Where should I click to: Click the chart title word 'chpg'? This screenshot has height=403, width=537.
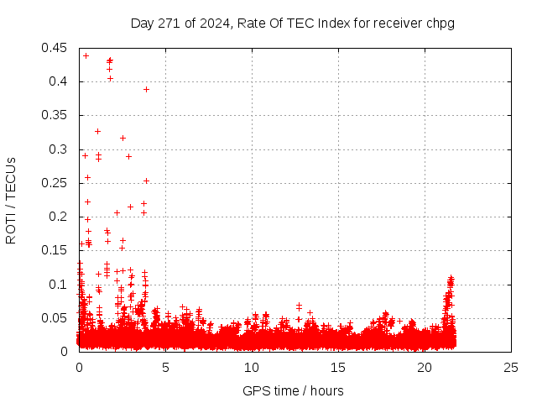[x=440, y=23]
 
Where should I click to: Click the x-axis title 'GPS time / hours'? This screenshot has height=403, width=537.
[x=293, y=390]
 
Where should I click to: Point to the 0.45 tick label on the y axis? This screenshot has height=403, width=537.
[x=55, y=48]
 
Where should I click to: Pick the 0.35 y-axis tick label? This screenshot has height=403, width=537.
[x=55, y=115]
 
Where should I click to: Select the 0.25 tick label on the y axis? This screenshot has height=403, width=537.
[x=55, y=183]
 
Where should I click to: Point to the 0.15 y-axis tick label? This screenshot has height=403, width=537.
[x=55, y=250]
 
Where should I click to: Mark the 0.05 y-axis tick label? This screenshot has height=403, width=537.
[x=55, y=318]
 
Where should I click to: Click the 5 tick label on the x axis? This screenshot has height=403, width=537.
[x=165, y=367]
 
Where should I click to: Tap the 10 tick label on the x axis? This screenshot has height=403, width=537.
[x=252, y=367]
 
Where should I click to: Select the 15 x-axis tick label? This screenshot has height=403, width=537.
[x=338, y=367]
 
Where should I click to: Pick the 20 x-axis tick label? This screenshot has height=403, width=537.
[x=425, y=367]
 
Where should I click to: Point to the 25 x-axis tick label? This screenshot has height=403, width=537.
[x=511, y=367]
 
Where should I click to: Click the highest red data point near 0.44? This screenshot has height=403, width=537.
[x=86, y=55]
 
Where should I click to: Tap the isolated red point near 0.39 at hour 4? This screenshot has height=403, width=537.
[x=146, y=89]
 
